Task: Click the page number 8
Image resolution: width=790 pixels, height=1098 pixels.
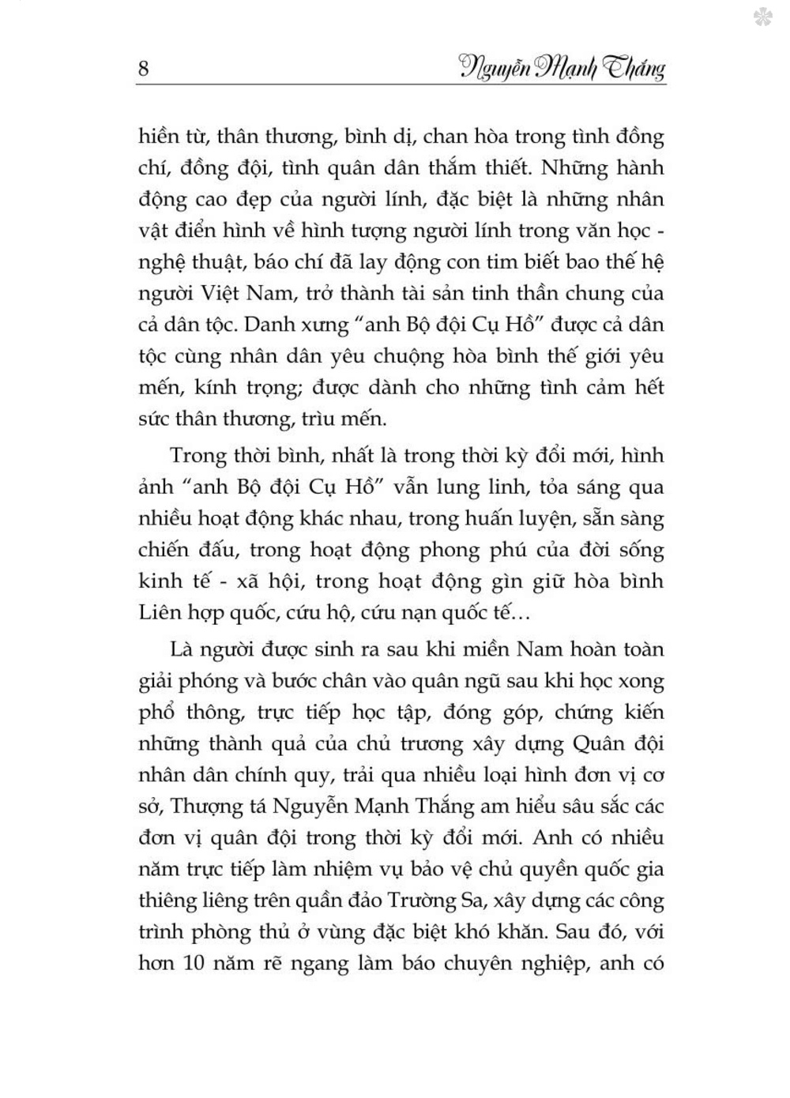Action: pos(143,69)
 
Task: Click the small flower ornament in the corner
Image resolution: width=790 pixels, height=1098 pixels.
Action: pos(763,17)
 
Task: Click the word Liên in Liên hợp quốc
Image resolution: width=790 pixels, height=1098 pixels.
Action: pos(157,612)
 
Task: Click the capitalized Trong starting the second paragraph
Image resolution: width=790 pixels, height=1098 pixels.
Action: pos(197,456)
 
